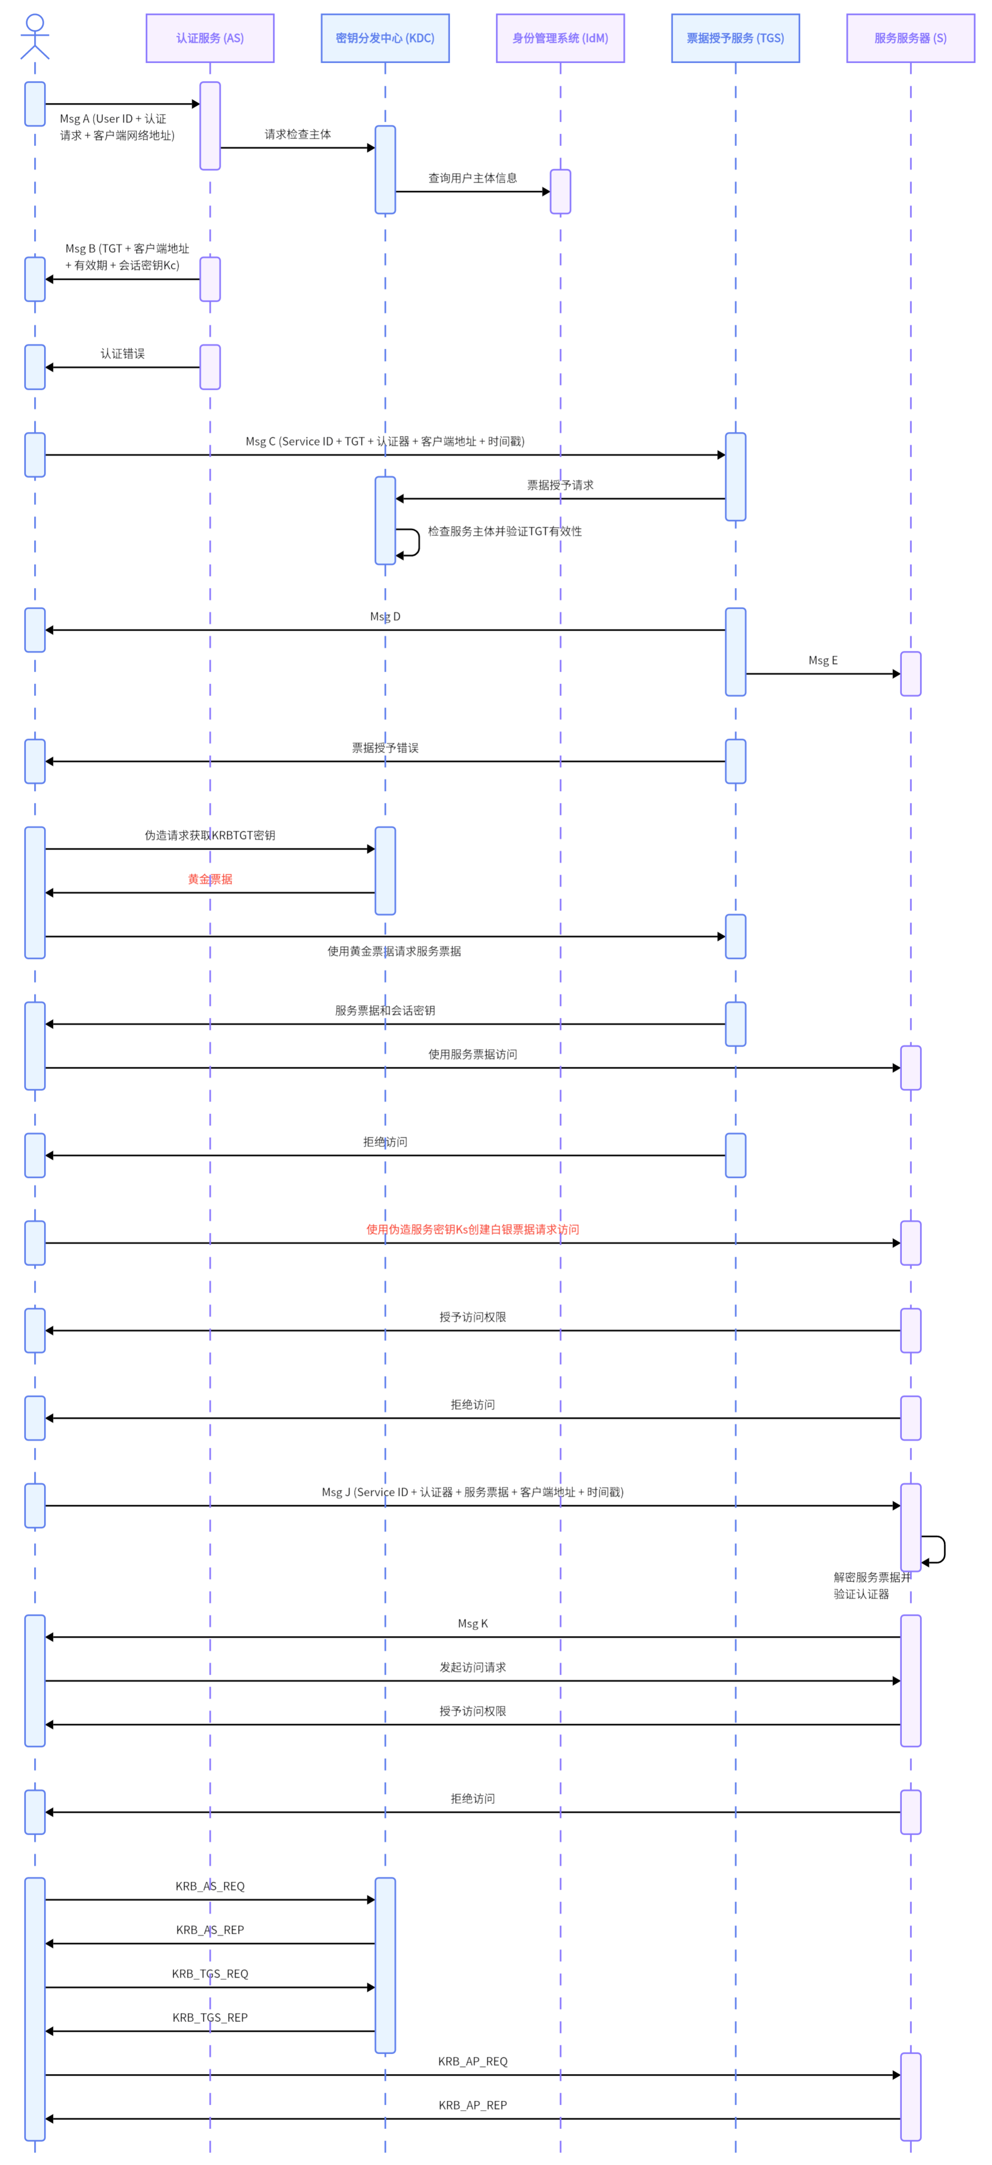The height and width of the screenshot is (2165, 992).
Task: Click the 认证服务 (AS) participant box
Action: click(x=209, y=38)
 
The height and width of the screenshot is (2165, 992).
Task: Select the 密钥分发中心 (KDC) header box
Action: click(x=385, y=38)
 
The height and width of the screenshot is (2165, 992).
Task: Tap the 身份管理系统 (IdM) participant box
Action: click(x=560, y=38)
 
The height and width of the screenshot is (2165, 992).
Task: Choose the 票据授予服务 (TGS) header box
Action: click(x=735, y=38)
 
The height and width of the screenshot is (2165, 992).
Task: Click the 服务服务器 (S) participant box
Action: click(x=910, y=38)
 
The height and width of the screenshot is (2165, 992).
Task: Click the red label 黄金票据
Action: click(x=210, y=879)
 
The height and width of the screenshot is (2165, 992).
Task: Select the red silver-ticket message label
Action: click(x=472, y=1229)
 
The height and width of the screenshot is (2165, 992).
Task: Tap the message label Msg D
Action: click(x=385, y=617)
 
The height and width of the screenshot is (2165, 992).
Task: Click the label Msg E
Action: click(x=823, y=661)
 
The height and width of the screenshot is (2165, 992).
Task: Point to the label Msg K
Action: click(x=472, y=1624)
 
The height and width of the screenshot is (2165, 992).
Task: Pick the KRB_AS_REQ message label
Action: click(x=210, y=1886)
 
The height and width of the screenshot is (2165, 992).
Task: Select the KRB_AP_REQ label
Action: click(x=472, y=2061)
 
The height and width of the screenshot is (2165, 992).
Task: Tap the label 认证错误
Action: click(x=123, y=354)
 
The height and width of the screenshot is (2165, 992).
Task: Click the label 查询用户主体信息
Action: click(x=472, y=178)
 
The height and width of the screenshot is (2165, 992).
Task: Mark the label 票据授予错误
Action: click(x=385, y=748)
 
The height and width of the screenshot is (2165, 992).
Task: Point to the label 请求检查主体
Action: click(x=298, y=134)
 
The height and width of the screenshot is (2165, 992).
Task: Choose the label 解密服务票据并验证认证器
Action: click(x=871, y=1585)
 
